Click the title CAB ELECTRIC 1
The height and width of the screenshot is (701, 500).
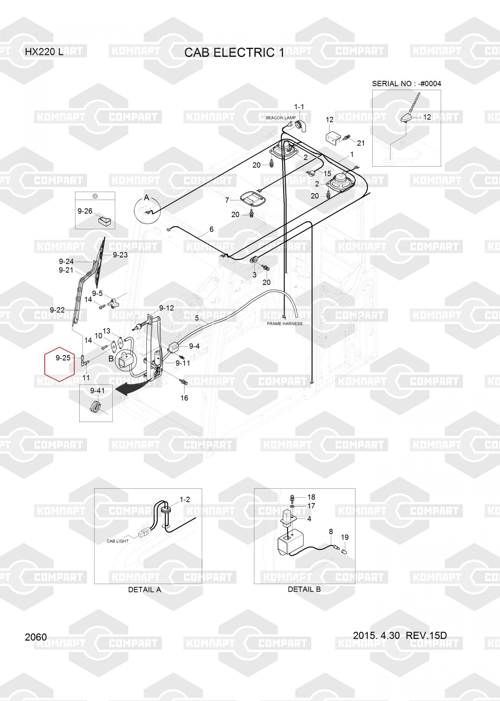pyautogui.click(x=234, y=53)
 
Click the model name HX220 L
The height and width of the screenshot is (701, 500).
pyautogui.click(x=44, y=52)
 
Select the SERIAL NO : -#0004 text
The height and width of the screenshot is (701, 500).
pyautogui.click(x=406, y=84)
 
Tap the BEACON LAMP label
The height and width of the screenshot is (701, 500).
pyautogui.click(x=280, y=118)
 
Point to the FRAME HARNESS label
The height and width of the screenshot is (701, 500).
pyautogui.click(x=284, y=324)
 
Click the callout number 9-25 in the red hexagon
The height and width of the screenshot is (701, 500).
pyautogui.click(x=63, y=358)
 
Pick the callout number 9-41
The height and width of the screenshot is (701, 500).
pyautogui.click(x=97, y=391)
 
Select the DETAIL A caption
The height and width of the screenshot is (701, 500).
pyautogui.click(x=145, y=590)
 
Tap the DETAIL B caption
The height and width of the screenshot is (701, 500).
pyautogui.click(x=304, y=589)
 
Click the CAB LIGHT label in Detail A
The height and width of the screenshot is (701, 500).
pyautogui.click(x=118, y=541)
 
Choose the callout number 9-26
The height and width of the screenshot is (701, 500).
pyautogui.click(x=85, y=211)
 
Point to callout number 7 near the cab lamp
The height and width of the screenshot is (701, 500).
pyautogui.click(x=227, y=200)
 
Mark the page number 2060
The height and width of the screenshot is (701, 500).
pyautogui.click(x=36, y=637)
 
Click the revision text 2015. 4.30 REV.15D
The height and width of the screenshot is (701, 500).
pyautogui.click(x=400, y=635)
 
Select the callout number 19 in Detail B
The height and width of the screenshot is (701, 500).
pyautogui.click(x=345, y=537)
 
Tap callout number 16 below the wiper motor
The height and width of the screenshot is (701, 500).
pyautogui.click(x=184, y=398)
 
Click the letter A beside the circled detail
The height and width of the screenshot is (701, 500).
pyautogui.click(x=147, y=198)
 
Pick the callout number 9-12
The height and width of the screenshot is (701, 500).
pyautogui.click(x=166, y=308)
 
